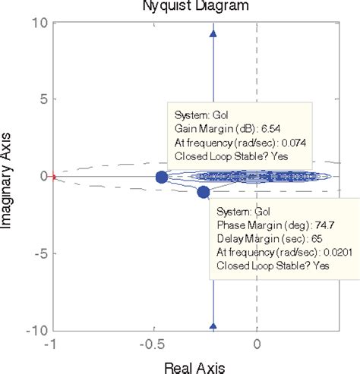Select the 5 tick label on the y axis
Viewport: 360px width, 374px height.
coord(43,99)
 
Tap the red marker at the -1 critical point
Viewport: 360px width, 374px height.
coord(54,177)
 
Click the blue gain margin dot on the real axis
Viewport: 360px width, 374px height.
coord(161,177)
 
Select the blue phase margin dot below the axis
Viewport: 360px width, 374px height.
coord(203,192)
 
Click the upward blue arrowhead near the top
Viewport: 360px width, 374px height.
coord(213,33)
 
